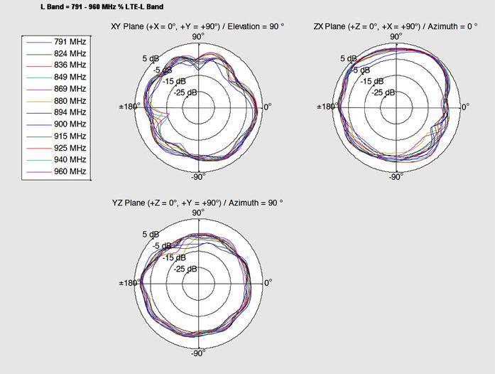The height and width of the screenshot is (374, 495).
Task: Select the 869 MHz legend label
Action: (x=70, y=89)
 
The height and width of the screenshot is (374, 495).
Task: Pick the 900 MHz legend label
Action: (x=70, y=124)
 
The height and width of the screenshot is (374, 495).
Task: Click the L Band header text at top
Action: (x=102, y=6)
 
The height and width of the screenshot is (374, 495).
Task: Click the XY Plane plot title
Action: (x=197, y=26)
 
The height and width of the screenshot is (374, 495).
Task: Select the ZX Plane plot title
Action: (x=396, y=26)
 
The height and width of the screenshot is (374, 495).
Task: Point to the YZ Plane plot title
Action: (x=197, y=203)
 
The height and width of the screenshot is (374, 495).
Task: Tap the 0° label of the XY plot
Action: (x=268, y=107)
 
